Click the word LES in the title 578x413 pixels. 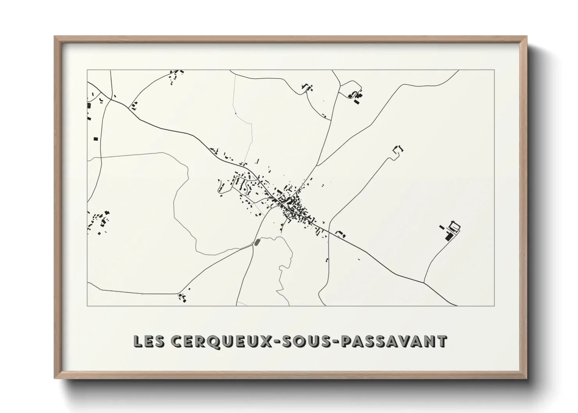coord(148,341)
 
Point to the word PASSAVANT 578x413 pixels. coord(394,341)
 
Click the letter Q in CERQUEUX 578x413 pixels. coord(225,341)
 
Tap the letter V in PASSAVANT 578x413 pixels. coord(407,341)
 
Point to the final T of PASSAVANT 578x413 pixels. coord(442,341)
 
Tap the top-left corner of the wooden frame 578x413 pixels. coord(55,37)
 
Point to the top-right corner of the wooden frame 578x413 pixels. coord(526,37)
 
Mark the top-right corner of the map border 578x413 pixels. coord(494,70)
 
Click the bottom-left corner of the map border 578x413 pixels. coord(87,306)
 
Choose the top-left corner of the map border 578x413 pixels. coord(87,70)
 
